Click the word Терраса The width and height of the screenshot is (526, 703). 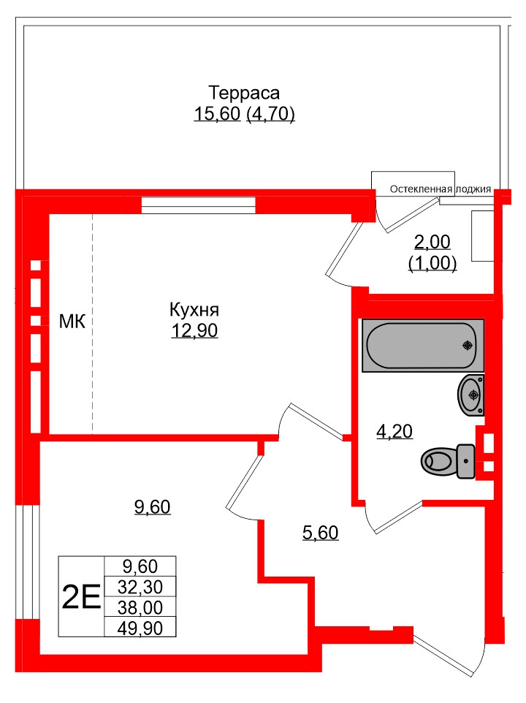click(x=244, y=94)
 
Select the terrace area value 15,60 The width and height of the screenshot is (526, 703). click(x=217, y=114)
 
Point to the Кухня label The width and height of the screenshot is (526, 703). click(x=194, y=310)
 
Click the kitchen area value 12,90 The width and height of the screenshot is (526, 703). click(x=194, y=331)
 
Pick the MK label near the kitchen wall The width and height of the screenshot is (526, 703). click(x=72, y=321)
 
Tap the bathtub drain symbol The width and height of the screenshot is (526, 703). click(x=466, y=346)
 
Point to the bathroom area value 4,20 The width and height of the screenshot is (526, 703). click(x=394, y=432)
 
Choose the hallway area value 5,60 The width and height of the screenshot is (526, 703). click(x=320, y=533)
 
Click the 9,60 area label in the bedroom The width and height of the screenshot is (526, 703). click(x=153, y=507)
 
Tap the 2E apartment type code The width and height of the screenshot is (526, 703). click(x=81, y=598)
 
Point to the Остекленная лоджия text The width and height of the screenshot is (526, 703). click(x=440, y=189)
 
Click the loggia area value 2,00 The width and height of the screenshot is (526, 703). click(x=432, y=242)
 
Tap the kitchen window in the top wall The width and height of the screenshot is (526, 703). click(x=198, y=205)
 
